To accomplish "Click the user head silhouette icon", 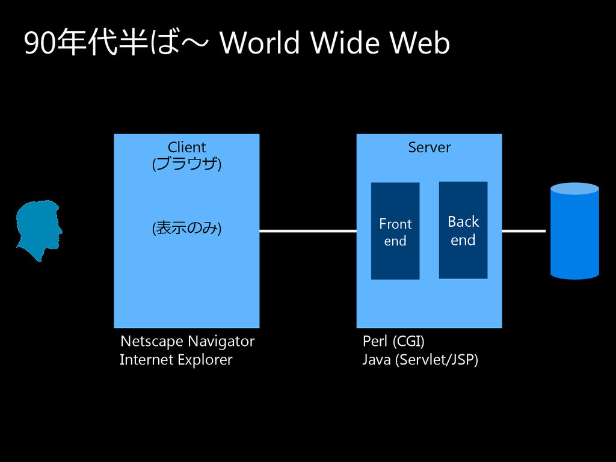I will click(x=38, y=231).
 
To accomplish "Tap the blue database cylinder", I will click(x=574, y=232).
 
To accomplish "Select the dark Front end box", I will click(x=395, y=232).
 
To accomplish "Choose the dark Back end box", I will click(x=463, y=230).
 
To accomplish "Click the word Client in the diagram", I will click(x=186, y=147).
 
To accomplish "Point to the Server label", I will click(x=429, y=147).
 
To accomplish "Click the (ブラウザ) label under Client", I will click(x=186, y=164).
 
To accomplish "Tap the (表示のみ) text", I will click(x=186, y=228).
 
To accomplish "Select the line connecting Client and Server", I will click(x=307, y=231).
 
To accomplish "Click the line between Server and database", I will click(x=523, y=231).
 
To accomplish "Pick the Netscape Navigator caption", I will click(x=187, y=342).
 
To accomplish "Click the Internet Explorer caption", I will click(x=176, y=360).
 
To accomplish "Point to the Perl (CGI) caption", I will click(x=393, y=342).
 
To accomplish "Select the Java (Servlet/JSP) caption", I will click(x=420, y=360).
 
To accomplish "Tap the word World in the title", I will click(x=259, y=44).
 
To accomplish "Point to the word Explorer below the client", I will click(x=203, y=360).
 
